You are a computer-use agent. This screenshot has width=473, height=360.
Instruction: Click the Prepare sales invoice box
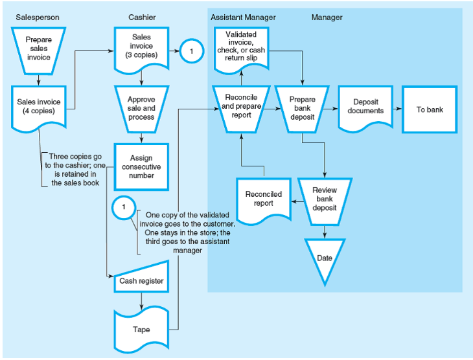(38, 49)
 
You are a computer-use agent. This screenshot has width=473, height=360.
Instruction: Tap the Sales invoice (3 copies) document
(141, 47)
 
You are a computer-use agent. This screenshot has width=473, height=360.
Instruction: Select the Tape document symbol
(141, 329)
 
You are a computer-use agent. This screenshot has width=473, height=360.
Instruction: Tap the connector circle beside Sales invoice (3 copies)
(192, 51)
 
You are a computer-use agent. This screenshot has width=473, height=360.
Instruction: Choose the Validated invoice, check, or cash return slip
(240, 47)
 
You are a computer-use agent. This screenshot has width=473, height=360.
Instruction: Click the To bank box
(429, 109)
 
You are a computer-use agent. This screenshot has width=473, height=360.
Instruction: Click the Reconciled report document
(262, 199)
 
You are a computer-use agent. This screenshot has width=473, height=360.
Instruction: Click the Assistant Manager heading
(243, 17)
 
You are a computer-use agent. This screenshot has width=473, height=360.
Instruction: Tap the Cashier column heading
(142, 17)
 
